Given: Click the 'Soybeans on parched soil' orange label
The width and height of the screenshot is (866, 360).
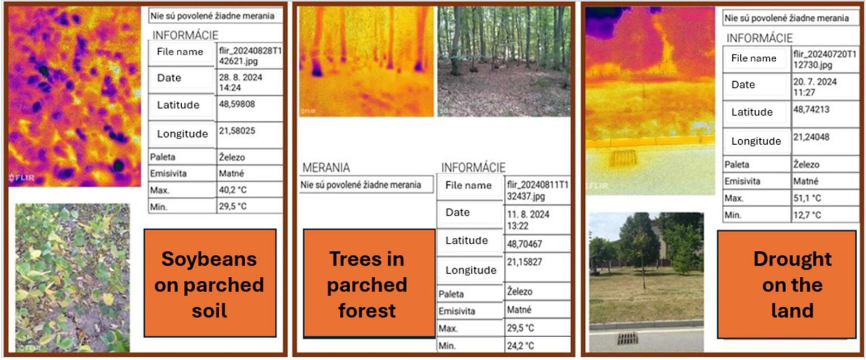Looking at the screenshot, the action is pos(210,283).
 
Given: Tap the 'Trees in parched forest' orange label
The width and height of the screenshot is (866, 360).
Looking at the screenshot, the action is pos(369,283).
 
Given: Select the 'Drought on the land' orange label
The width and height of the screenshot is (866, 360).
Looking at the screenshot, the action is pos(787,284).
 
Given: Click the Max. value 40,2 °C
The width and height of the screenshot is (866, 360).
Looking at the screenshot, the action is pos(233,190).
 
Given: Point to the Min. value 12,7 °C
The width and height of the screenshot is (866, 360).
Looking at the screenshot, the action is pos(807,215).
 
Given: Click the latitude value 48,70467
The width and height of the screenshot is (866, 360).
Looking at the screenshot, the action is pos(524,244).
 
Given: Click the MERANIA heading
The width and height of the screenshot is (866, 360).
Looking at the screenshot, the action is pos(326,167).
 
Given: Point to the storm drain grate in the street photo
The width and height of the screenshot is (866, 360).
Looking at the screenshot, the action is pos(627,338).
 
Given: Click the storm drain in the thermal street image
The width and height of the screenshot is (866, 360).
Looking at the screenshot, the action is pos(623,158).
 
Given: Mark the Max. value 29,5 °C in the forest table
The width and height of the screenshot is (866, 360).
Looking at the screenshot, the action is pos(521,328).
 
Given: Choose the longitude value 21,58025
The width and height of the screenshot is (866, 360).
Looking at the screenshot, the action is pos(237,131).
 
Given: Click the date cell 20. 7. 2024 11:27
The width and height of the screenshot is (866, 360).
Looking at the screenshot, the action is pos(815,87).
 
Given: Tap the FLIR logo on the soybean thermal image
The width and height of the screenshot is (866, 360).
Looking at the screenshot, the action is pos(22,178).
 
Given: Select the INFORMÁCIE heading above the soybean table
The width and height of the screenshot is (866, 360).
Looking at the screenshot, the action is pos(185,35).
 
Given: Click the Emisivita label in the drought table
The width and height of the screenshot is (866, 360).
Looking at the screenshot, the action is pos(742,181).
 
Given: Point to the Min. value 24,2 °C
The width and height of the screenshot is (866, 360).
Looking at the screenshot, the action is pos(521,346).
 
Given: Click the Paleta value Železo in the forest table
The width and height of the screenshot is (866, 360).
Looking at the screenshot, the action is pos(519,291).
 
